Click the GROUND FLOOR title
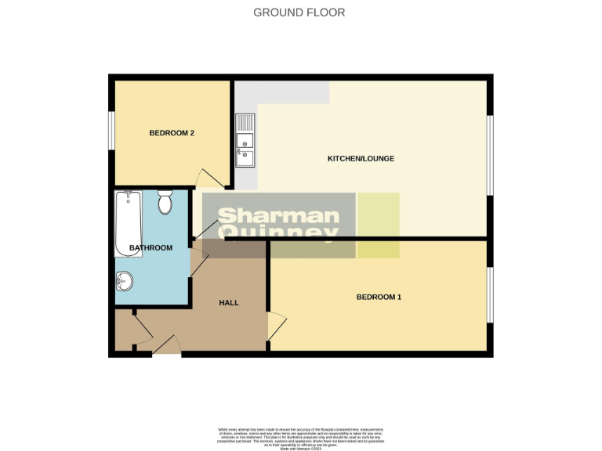pyautogui.click(x=299, y=13)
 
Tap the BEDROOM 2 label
pyautogui.click(x=172, y=133)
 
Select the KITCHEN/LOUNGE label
pyautogui.click(x=361, y=159)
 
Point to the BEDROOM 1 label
pyautogui.click(x=379, y=297)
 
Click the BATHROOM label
pyautogui.click(x=150, y=248)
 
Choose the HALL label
pyautogui.click(x=229, y=302)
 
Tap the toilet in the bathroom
pyautogui.click(x=165, y=203)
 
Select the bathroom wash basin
pyautogui.click(x=125, y=279)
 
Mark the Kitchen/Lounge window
pyautogui.click(x=490, y=154)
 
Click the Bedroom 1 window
pyautogui.click(x=490, y=295)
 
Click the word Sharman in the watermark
pyautogui.click(x=278, y=216)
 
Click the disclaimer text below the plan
pyautogui.click(x=300, y=436)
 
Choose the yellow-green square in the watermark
pyautogui.click(x=379, y=225)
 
